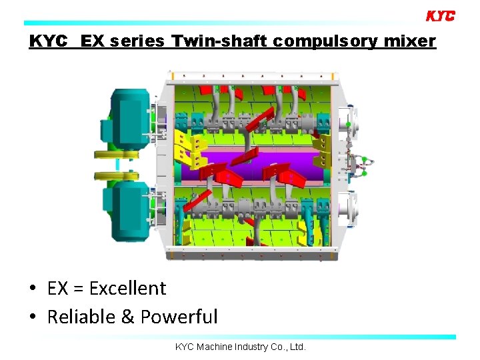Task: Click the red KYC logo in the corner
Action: [440, 15]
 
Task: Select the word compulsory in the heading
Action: [324, 41]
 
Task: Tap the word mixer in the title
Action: [409, 41]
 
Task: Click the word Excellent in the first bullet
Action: [127, 288]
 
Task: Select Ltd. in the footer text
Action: [297, 347]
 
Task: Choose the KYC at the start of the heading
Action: [49, 41]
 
